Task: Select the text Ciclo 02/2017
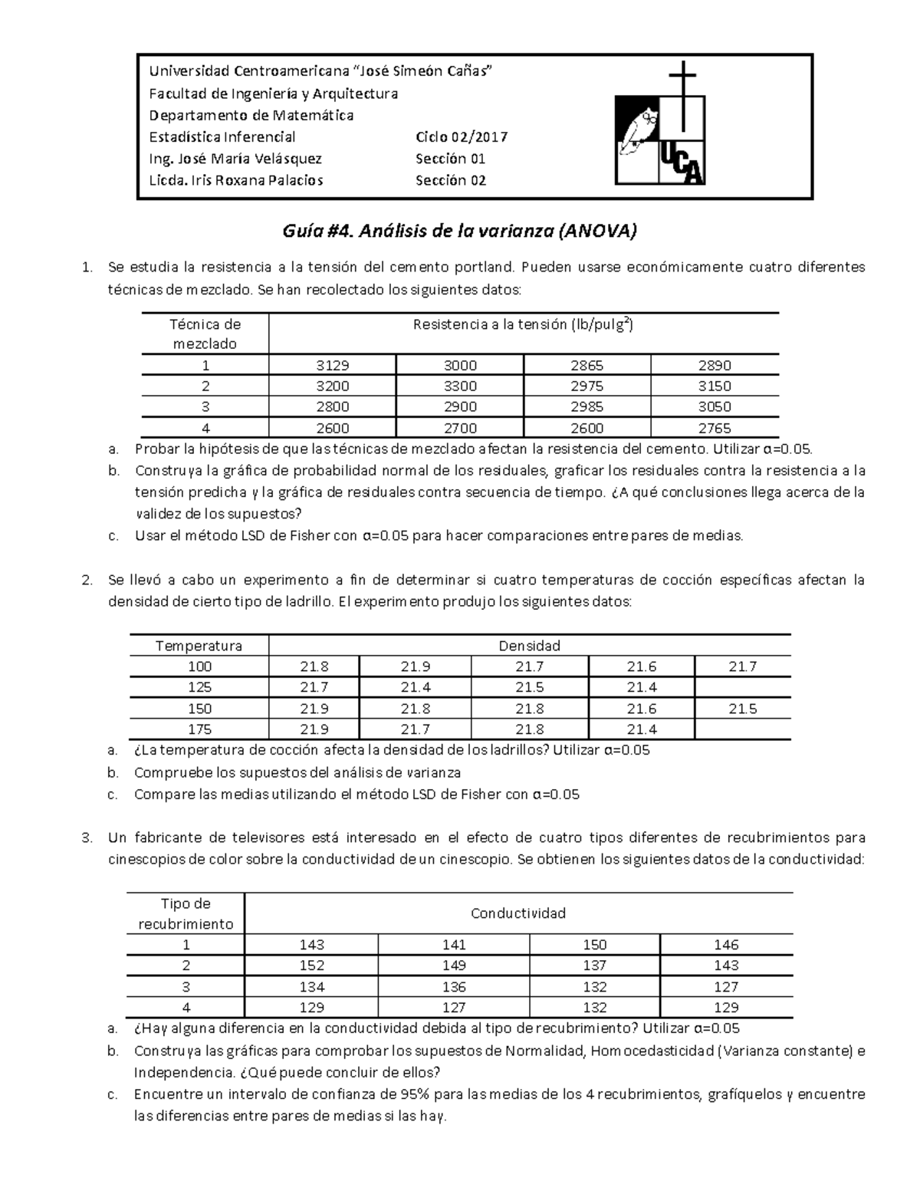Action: [461, 137]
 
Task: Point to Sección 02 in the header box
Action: [450, 180]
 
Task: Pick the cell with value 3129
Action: [332, 365]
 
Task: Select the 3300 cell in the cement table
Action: [459, 386]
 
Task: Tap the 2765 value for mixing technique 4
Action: [714, 428]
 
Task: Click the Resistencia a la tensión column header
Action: [523, 324]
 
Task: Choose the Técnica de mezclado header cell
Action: [205, 334]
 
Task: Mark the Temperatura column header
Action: [199, 646]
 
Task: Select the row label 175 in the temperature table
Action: [199, 729]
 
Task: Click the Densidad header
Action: [529, 646]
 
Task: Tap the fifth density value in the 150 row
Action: [742, 709]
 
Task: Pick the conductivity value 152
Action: [312, 966]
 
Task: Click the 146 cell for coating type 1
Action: [725, 945]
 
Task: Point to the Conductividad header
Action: [518, 913]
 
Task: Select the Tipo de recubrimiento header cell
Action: [186, 913]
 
